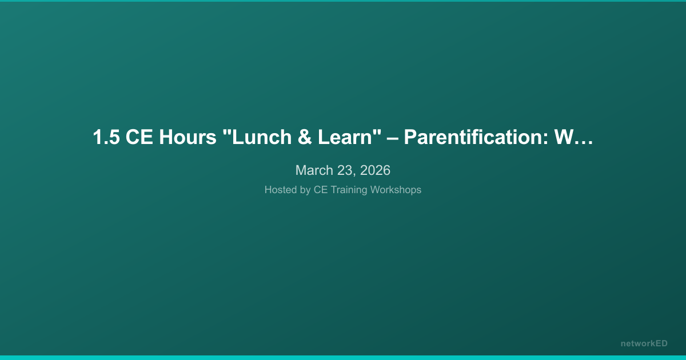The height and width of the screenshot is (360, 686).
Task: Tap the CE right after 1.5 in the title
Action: (x=137, y=138)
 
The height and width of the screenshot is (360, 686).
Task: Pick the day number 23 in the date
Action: (x=346, y=170)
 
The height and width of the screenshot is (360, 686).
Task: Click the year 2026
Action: (x=375, y=170)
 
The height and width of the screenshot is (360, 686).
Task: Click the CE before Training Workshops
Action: (x=321, y=190)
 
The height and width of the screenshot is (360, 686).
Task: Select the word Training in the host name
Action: (x=349, y=190)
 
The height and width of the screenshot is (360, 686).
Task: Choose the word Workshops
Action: (x=395, y=190)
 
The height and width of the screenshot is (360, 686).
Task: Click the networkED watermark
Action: (x=644, y=343)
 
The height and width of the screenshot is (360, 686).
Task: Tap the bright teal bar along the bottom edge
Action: (x=343, y=357)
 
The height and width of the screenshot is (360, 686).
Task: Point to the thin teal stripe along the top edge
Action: (x=343, y=1)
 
